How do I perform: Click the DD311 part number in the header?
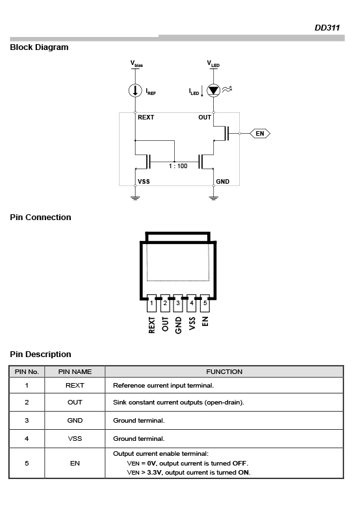pyautogui.click(x=327, y=28)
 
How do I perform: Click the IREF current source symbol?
pyautogui.click(x=135, y=90)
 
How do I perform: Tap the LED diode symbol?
pyautogui.click(x=213, y=90)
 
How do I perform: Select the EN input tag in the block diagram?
pyautogui.click(x=260, y=134)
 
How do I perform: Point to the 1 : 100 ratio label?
pyautogui.click(x=178, y=166)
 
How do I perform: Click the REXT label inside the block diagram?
pyautogui.click(x=146, y=117)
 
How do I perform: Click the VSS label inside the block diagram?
pyautogui.click(x=144, y=181)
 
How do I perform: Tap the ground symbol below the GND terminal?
pyautogui.click(x=213, y=198)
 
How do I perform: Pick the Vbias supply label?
pyautogui.click(x=136, y=63)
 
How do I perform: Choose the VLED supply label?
pyautogui.click(x=213, y=63)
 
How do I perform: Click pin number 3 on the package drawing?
pyautogui.click(x=178, y=303)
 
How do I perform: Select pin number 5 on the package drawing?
pyautogui.click(x=205, y=303)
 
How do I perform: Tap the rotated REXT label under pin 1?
pyautogui.click(x=151, y=325)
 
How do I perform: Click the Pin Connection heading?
pyautogui.click(x=40, y=217)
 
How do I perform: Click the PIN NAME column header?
pyautogui.click(x=75, y=371)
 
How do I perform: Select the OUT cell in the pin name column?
pyautogui.click(x=75, y=402)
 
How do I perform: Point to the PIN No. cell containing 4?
pyautogui.click(x=27, y=438)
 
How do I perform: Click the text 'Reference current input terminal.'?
pyautogui.click(x=163, y=385)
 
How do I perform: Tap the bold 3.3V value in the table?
pyautogui.click(x=155, y=473)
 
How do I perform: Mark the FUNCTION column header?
pyautogui.click(x=224, y=371)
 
